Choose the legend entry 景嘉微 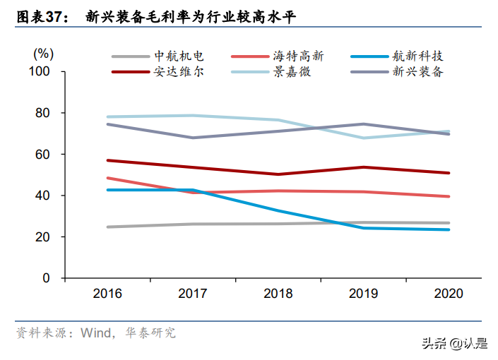coord(294,72)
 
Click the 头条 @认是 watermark coord(454,343)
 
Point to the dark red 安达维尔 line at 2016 coord(107,160)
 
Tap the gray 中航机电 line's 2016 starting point coord(107,227)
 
